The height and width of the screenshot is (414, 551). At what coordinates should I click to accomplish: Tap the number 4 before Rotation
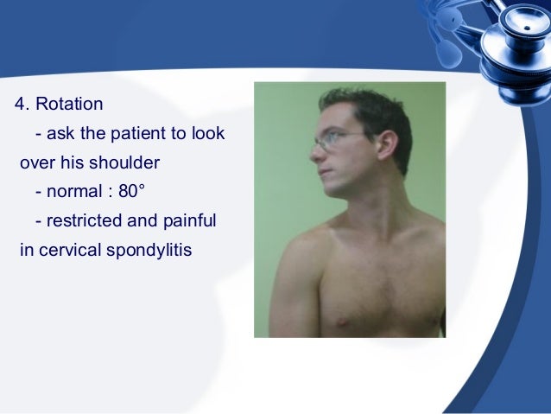(20, 105)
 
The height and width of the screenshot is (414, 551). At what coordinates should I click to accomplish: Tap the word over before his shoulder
(34, 163)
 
